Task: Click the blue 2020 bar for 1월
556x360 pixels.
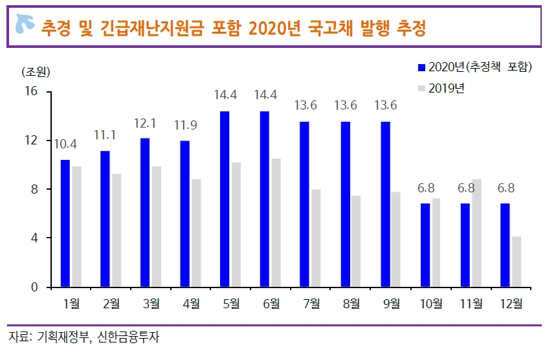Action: click(x=65, y=223)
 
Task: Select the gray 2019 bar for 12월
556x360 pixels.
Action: click(x=517, y=262)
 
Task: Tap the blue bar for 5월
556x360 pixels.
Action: click(x=225, y=199)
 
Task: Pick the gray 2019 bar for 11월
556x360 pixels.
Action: click(x=476, y=233)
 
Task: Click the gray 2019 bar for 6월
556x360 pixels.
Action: click(x=276, y=223)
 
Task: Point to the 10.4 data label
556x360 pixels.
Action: click(x=65, y=144)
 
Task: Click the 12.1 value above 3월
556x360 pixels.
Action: click(x=144, y=123)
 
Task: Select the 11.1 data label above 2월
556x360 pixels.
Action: click(x=105, y=135)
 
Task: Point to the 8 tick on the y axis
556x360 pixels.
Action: click(x=36, y=190)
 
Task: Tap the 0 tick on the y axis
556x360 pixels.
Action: click(x=36, y=287)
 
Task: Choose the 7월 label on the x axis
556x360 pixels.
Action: click(x=311, y=302)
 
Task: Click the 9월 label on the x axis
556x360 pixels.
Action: click(x=391, y=302)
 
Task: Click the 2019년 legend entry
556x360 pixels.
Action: click(x=447, y=88)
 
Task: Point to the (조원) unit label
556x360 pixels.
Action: click(x=36, y=71)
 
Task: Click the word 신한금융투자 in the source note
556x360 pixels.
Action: click(x=128, y=337)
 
